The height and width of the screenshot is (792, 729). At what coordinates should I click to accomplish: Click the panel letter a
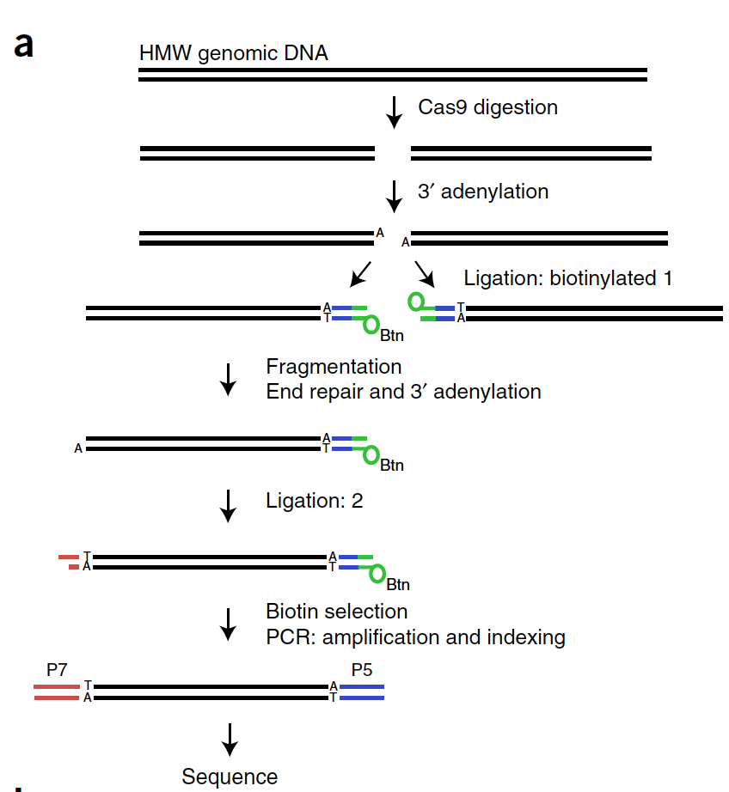click(25, 44)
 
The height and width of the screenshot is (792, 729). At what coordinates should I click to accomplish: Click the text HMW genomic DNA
click(233, 53)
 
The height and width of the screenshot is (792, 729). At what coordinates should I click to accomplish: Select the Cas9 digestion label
click(487, 107)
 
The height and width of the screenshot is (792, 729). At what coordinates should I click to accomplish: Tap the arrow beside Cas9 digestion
click(395, 112)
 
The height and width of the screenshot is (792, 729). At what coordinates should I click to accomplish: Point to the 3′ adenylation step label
click(482, 192)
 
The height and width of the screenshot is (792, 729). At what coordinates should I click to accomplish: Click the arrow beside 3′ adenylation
click(395, 196)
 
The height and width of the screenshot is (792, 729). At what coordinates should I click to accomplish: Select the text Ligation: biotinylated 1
click(567, 278)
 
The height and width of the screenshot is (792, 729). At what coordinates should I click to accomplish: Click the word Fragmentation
click(334, 367)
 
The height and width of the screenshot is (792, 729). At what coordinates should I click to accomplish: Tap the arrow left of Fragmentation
click(228, 379)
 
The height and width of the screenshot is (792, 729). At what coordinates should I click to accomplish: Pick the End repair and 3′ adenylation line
click(403, 392)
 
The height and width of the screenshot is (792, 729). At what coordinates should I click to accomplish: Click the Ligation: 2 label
click(315, 501)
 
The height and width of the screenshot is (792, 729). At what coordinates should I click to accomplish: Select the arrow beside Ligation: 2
click(228, 505)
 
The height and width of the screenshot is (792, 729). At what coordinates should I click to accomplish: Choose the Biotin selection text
click(336, 612)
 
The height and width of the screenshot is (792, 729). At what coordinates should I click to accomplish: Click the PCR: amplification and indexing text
click(415, 637)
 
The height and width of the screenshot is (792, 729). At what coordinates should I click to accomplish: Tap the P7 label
click(57, 670)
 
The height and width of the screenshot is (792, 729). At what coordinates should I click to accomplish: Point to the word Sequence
click(230, 777)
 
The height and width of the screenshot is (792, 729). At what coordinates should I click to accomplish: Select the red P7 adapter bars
click(57, 692)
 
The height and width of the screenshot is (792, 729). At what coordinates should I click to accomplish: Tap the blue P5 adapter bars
click(362, 692)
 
